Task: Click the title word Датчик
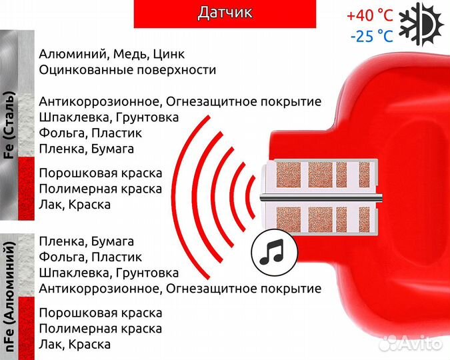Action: coord(225,13)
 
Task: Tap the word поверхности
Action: coord(178,69)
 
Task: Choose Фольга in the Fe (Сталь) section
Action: coord(62,133)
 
